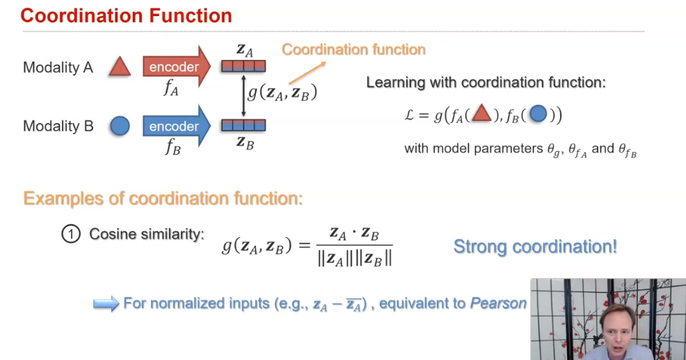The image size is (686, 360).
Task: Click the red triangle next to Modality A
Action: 120,67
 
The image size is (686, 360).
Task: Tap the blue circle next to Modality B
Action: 120,126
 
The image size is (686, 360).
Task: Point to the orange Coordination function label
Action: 353,50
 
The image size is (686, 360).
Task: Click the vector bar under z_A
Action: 243,67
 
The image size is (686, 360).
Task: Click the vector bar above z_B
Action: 243,126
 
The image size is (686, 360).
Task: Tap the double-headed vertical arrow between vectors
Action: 243,96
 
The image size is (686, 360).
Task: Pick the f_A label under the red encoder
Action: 171,89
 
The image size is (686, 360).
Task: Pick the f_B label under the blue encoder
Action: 173,147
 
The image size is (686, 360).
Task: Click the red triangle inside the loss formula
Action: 480,114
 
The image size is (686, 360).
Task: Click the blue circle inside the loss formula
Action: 537,114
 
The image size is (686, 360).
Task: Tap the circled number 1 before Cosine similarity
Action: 71,234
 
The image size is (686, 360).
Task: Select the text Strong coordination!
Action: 535,246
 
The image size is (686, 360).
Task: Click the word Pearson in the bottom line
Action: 498,303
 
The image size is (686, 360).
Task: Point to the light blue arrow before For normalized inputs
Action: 106,304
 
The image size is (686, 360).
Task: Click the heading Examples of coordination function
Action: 163,198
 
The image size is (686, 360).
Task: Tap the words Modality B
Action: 58,127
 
